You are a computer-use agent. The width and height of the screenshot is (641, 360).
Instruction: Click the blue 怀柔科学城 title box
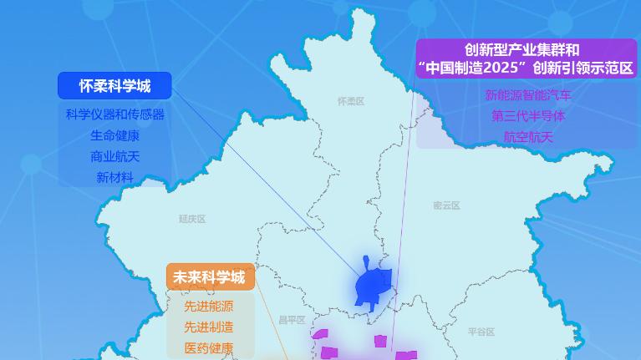[x=114, y=86]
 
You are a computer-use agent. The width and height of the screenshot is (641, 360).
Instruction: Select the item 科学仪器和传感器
[x=114, y=114]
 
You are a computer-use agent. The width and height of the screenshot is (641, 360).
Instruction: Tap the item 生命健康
[x=114, y=135]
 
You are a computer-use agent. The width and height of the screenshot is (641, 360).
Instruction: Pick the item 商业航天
[x=114, y=156]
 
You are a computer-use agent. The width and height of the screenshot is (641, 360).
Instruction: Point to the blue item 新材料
[x=114, y=177]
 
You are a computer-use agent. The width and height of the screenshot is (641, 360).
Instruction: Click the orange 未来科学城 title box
[x=209, y=277]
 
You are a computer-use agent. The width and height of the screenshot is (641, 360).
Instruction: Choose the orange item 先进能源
[x=209, y=306]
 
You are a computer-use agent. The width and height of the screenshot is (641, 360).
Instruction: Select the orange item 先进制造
[x=209, y=327]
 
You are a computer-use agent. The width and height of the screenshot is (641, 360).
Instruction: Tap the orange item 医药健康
[x=209, y=347]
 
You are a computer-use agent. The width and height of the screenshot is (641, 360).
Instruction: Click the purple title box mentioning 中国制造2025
[x=527, y=58]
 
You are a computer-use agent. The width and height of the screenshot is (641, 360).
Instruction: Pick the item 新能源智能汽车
[x=528, y=95]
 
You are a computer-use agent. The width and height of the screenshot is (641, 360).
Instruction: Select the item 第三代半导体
[x=528, y=116]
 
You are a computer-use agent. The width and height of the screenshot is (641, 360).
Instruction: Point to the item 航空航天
[x=528, y=137]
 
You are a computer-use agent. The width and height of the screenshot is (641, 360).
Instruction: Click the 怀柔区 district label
[x=351, y=101]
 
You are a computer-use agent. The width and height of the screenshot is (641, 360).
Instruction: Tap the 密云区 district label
[x=447, y=205]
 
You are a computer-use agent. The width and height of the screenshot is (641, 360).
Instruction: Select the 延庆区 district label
[x=191, y=219]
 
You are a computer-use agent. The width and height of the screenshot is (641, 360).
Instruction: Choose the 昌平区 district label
[x=292, y=320]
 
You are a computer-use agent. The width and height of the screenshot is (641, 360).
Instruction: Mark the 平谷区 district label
[x=481, y=332]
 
